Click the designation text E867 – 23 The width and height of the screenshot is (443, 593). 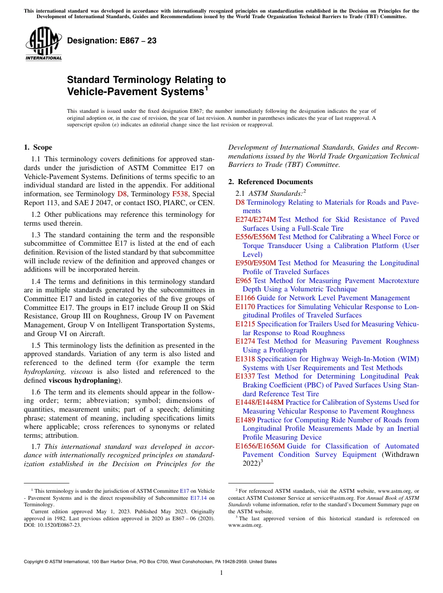(112, 41)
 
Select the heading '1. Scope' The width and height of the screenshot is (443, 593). (38, 147)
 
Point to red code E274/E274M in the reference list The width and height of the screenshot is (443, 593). (256, 220)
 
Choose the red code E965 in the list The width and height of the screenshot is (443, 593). (243, 281)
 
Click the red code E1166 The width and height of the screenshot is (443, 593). (245, 298)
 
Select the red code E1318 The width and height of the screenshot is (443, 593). (245, 359)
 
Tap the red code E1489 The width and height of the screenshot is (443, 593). (245, 420)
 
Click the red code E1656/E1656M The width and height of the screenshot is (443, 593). (260, 446)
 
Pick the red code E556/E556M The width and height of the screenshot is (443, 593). (256, 237)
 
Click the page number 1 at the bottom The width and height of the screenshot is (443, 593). (221, 572)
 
